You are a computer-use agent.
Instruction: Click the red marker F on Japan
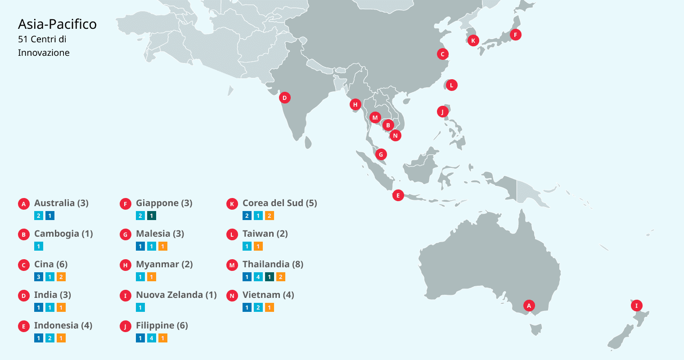coord(516,35)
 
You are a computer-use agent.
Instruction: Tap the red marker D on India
coord(284,98)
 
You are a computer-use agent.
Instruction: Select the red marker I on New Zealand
coord(636,306)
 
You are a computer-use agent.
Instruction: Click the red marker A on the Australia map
coord(529,306)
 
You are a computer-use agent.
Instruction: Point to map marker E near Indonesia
coord(398,195)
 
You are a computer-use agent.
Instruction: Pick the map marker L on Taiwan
coord(451,85)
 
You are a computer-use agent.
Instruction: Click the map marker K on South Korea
coord(473,40)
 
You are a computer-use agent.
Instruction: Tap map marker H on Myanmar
coord(355,104)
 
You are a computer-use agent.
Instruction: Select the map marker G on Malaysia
coord(381,154)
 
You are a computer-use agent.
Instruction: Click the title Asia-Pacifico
coord(57,24)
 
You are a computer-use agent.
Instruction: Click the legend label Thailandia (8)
coord(273,264)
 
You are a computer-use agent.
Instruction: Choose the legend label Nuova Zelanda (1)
coord(176,295)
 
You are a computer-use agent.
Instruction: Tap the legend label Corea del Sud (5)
coord(279,203)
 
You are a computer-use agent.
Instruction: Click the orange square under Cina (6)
coord(61,277)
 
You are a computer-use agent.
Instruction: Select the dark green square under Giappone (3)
coord(152,216)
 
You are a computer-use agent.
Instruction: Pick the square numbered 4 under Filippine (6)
coord(152,338)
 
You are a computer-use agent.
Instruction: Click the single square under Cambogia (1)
coord(39,246)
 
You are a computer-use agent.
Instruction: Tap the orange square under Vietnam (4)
coord(269,307)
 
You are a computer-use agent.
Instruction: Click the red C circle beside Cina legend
coord(24,265)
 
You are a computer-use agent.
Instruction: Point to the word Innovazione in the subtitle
coord(44,53)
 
